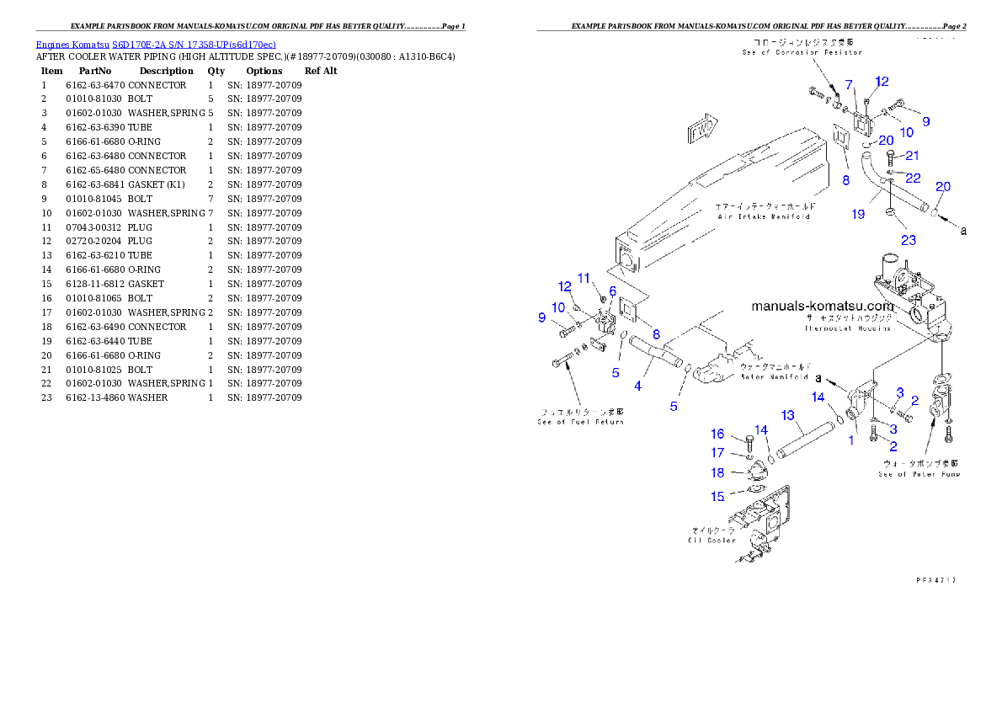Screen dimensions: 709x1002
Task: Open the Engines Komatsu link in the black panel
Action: (x=156, y=44)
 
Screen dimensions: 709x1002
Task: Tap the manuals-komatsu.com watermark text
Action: (x=822, y=307)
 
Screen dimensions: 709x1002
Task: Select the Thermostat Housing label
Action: (x=847, y=323)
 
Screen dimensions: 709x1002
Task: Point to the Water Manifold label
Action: (x=775, y=372)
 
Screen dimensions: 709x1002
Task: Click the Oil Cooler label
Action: (x=712, y=536)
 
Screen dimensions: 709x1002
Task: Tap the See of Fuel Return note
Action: (x=581, y=417)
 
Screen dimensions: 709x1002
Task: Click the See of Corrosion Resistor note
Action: (x=802, y=47)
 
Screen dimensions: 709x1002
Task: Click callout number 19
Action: (x=857, y=215)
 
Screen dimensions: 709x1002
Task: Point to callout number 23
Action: (x=908, y=240)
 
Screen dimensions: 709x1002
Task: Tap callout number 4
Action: (x=638, y=386)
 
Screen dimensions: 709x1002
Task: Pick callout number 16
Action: (x=717, y=434)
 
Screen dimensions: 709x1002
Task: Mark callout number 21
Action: (x=912, y=156)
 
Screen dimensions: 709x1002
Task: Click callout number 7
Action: (x=849, y=84)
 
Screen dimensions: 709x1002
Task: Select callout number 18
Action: (x=717, y=473)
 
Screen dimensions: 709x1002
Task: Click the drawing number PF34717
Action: (x=936, y=580)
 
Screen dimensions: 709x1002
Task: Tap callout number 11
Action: (x=584, y=278)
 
